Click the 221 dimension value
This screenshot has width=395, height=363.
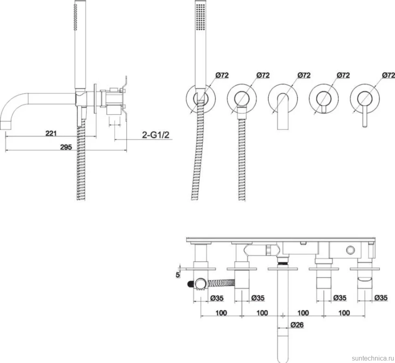51,133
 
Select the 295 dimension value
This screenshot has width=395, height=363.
66,147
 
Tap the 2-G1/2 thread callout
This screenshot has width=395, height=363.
156,135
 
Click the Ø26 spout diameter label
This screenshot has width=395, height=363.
297,325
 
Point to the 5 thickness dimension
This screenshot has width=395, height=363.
178,275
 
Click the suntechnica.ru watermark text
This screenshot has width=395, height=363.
373,358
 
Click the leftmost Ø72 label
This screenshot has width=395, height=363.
222,75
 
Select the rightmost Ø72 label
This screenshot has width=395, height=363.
388,75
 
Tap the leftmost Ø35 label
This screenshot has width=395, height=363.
217,298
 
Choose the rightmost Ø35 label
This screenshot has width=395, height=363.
381,298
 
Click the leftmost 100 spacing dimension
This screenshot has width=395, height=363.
221,313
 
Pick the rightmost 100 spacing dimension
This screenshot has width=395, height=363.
344,313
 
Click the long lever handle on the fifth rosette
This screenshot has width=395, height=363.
365,116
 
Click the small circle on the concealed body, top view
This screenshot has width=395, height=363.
350,250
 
